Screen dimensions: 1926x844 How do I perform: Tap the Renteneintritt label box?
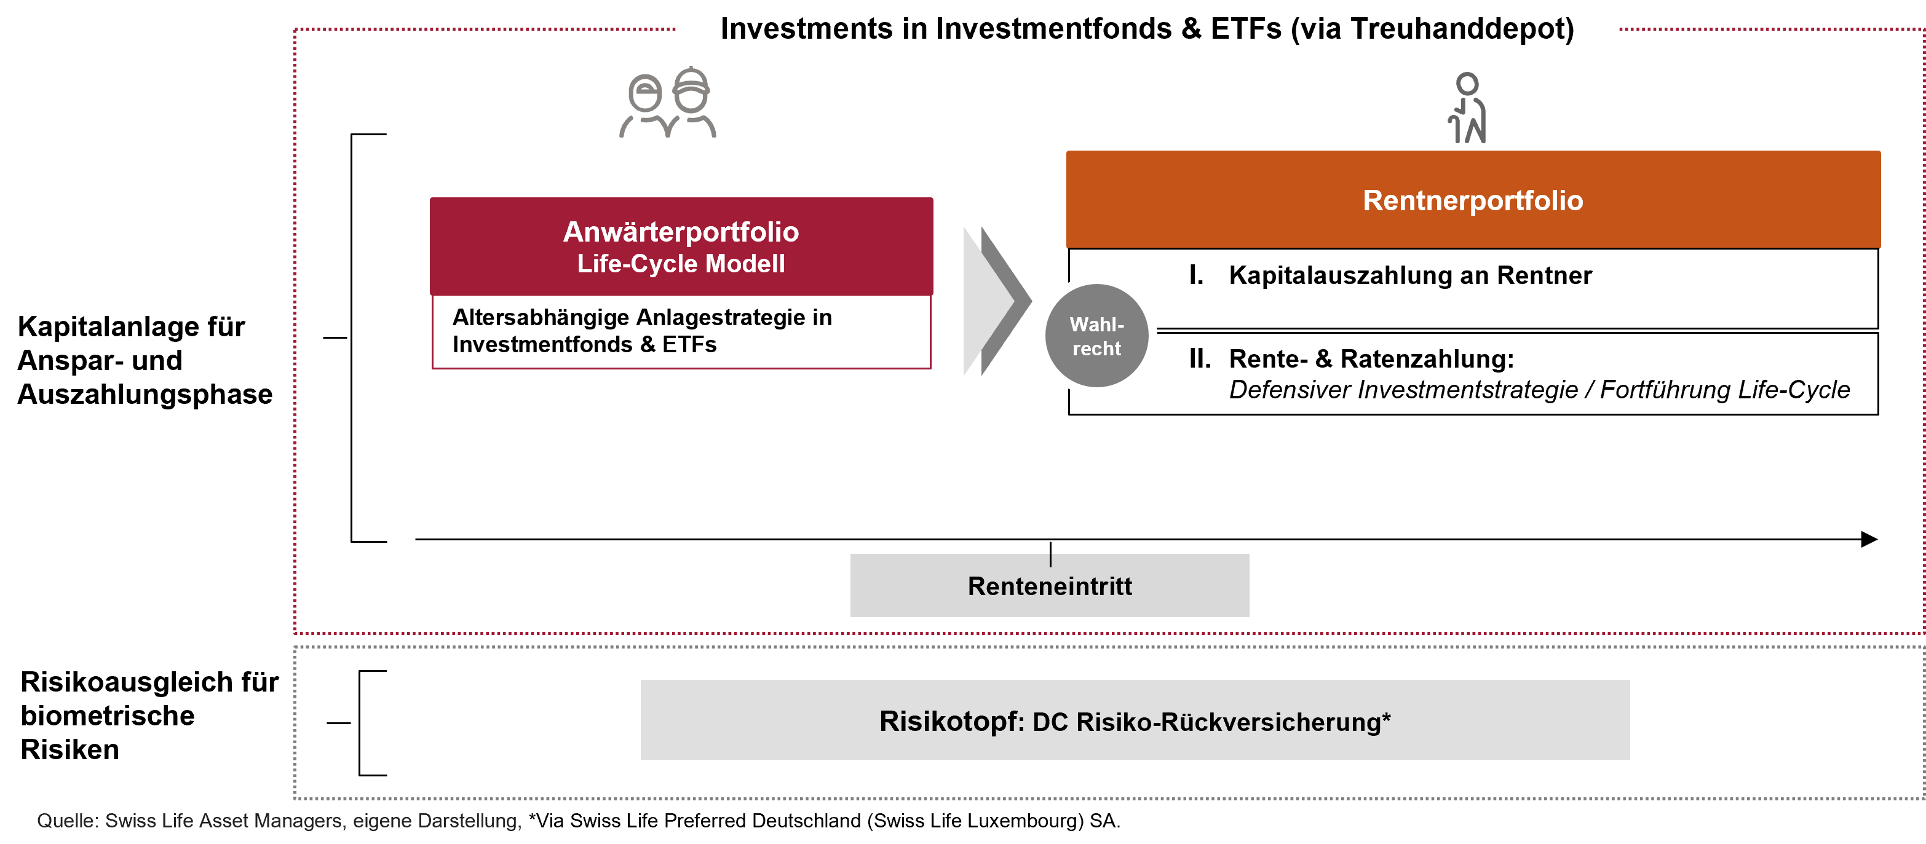click(x=1050, y=585)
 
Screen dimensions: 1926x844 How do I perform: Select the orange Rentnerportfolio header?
click(x=1473, y=200)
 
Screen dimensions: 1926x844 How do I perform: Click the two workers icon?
click(x=668, y=103)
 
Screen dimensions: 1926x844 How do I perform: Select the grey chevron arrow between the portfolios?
click(x=997, y=301)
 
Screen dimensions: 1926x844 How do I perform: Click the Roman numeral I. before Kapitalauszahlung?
click(x=1196, y=275)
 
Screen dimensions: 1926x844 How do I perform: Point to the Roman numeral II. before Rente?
click(x=1200, y=359)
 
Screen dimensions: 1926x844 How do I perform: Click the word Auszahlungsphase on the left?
click(x=145, y=394)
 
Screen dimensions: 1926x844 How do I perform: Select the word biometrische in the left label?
click(x=108, y=716)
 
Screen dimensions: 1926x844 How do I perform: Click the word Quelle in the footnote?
click(x=68, y=821)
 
